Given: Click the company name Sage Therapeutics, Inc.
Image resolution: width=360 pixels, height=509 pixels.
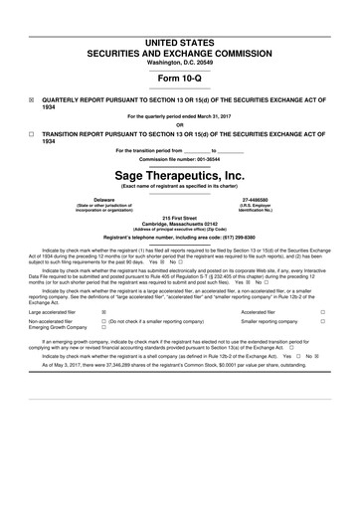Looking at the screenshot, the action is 179,173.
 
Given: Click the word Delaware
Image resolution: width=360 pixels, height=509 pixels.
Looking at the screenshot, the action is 90,199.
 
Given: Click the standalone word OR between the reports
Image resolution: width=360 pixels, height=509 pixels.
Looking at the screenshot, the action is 179,123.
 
